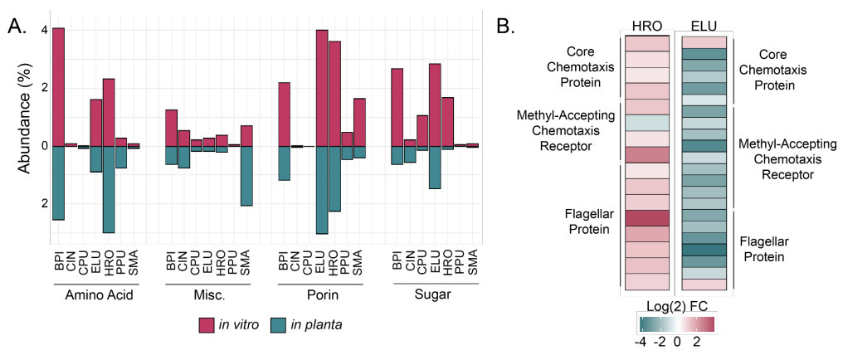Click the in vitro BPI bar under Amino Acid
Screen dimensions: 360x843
tap(58, 87)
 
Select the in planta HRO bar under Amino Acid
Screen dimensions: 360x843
tap(108, 189)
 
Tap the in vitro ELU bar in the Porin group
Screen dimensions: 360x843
tap(322, 88)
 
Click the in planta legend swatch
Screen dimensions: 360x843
tap(290, 325)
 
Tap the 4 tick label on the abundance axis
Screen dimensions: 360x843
tap(44, 31)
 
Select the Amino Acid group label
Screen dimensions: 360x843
tap(96, 295)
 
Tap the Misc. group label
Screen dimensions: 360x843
tap(208, 295)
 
